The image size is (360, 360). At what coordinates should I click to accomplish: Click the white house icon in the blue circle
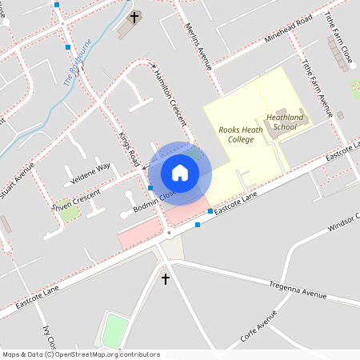(180, 173)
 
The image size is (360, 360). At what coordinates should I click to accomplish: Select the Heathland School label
(285, 122)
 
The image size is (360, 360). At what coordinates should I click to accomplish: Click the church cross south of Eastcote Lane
(166, 279)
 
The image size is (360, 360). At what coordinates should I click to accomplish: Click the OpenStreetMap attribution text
(81, 354)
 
